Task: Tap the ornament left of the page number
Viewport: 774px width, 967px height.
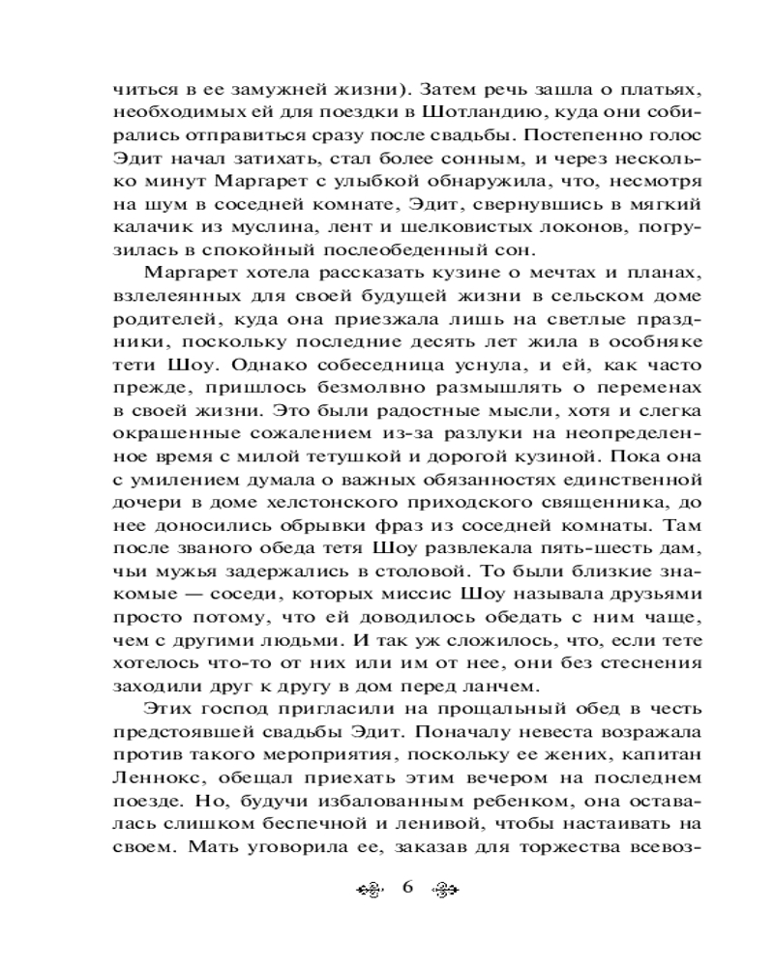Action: coord(370,890)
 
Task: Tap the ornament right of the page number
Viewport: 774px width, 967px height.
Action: coord(444,890)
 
